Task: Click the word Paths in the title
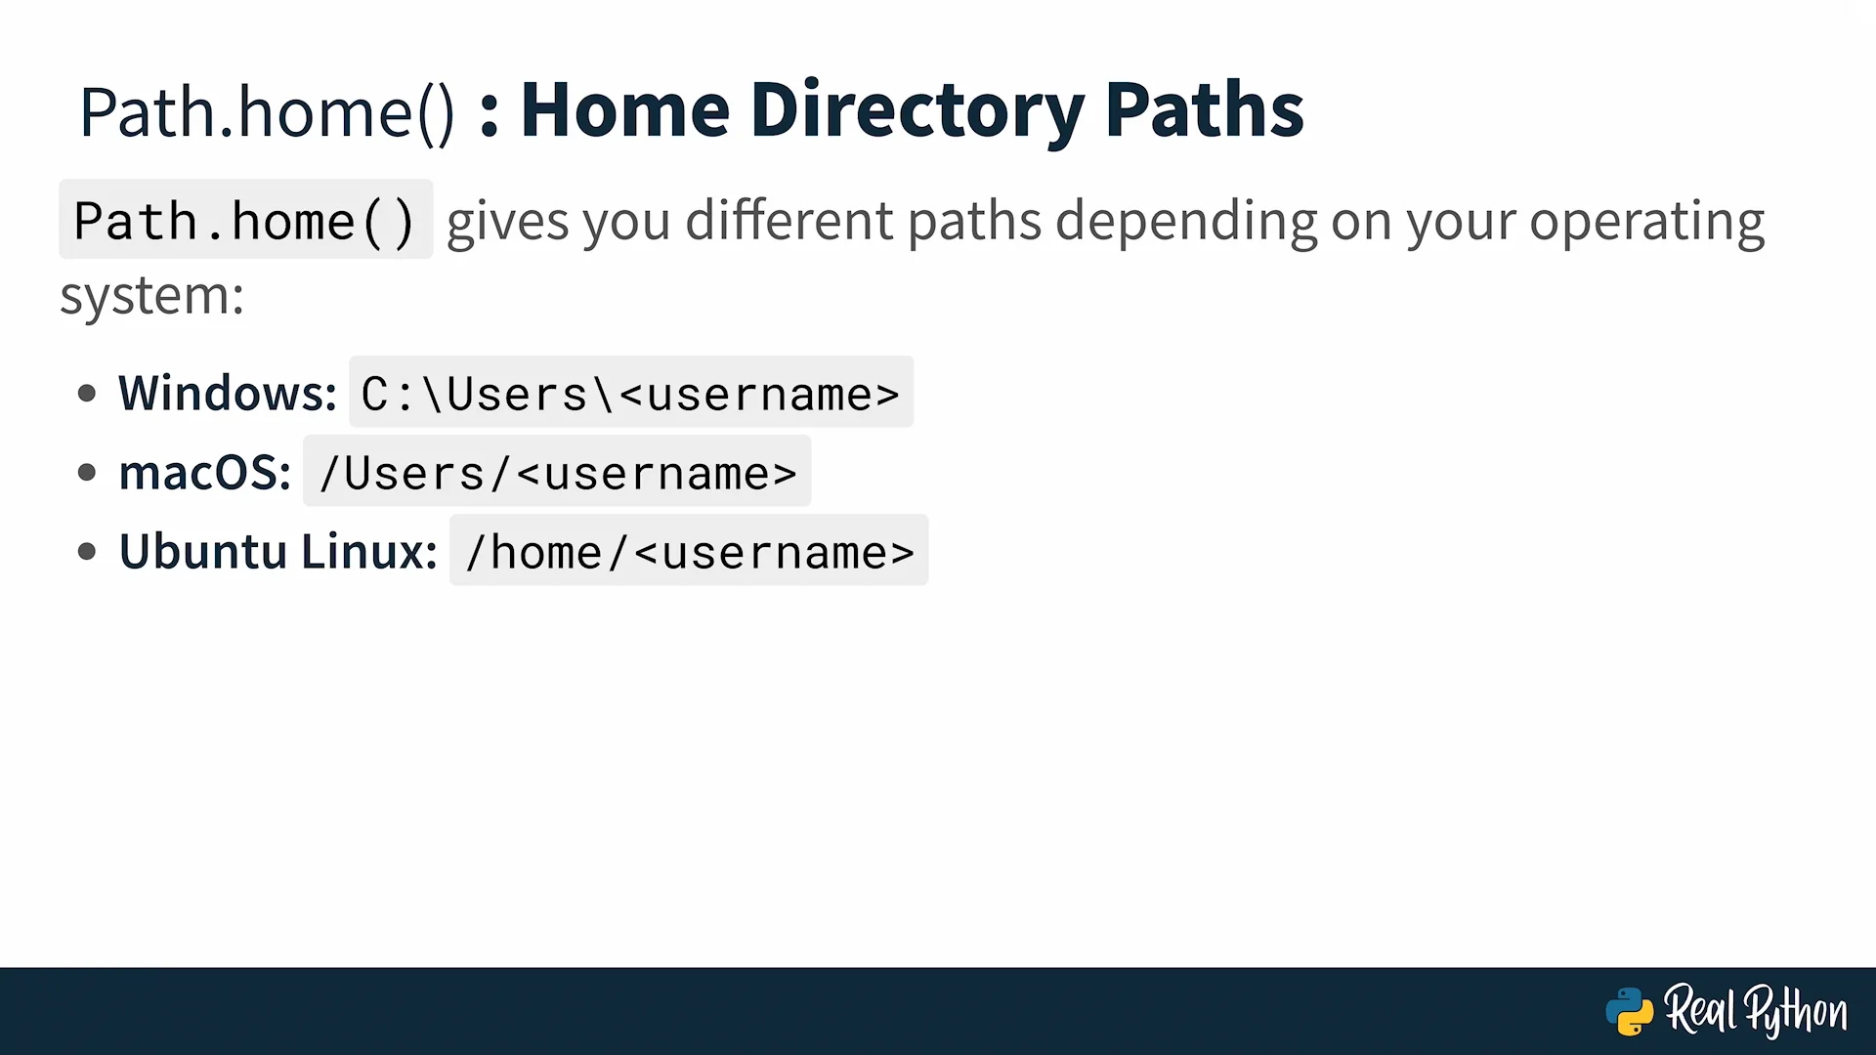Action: pos(1205,109)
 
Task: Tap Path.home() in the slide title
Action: pos(267,113)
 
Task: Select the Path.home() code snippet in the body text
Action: pos(245,220)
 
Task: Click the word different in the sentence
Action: pos(789,220)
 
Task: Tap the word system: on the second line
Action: pos(151,296)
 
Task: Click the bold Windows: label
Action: pos(228,393)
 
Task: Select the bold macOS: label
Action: pos(205,473)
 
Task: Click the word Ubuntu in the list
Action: pos(202,551)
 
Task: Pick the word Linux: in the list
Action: pos(369,551)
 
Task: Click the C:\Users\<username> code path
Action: pos(631,393)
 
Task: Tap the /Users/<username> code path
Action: pos(557,472)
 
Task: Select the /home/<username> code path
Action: pos(689,551)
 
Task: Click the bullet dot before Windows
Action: pos(87,394)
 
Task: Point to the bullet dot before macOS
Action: pos(87,473)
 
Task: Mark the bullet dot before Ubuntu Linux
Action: pos(87,552)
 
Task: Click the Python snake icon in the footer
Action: pos(1629,1012)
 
